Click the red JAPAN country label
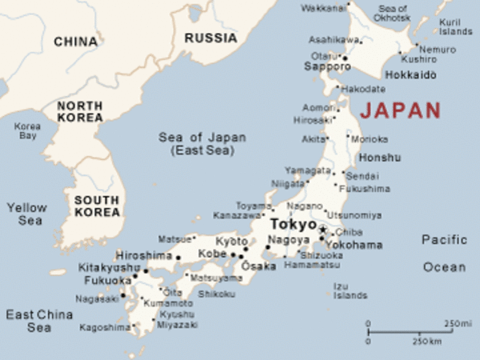pos(400,110)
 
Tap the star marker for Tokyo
pos(322,229)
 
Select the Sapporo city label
pos(327,67)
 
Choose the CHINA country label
pos(75,42)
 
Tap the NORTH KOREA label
pos(80,112)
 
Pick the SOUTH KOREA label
pos(97,206)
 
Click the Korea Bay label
pos(27,131)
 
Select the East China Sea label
pos(39,320)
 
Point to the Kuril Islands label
pos(455,27)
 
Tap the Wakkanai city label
pos(323,7)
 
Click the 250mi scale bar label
pos(457,324)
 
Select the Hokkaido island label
pos(410,75)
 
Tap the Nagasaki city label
pos(97,298)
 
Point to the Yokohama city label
pos(354,244)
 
